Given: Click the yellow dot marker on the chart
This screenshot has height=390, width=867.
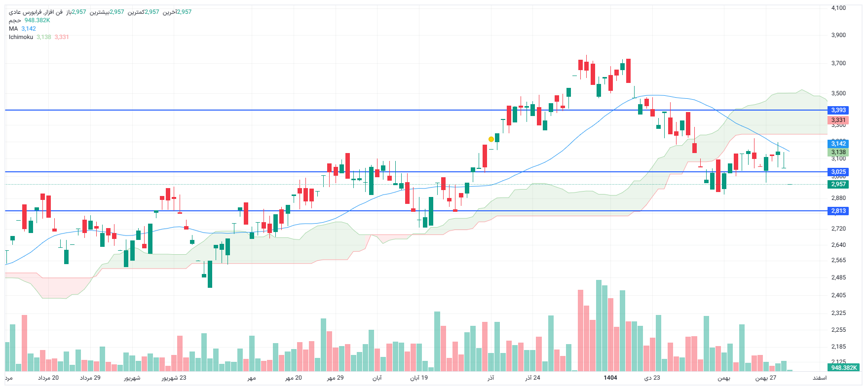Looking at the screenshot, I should [491, 139].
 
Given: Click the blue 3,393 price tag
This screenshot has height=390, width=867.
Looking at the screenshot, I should [838, 110].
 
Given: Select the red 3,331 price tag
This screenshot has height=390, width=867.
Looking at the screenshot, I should [838, 120].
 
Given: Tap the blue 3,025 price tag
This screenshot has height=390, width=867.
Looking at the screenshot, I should [838, 172].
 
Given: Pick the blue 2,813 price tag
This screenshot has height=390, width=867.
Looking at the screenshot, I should [838, 211].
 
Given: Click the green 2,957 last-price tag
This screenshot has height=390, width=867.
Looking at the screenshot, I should [838, 184].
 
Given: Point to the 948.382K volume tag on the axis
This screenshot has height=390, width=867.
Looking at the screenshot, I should [844, 368].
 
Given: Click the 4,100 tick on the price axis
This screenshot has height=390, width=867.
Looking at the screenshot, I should [838, 8].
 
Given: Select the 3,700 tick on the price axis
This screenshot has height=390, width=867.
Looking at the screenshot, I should [838, 63].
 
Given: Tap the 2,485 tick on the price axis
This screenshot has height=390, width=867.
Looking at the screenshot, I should [838, 277].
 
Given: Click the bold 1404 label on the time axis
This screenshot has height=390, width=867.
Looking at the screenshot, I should [610, 378].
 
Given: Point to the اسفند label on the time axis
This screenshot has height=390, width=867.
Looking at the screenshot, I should [820, 378].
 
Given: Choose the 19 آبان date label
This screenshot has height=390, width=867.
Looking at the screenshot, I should [419, 378].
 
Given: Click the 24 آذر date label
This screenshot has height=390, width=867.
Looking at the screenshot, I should [532, 378].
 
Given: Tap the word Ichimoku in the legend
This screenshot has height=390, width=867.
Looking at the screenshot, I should [21, 37].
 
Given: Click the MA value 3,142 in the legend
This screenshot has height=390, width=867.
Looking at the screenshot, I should [29, 29].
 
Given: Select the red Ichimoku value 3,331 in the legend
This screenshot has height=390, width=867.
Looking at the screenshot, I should [62, 37].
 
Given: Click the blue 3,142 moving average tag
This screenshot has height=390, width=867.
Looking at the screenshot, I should [838, 144].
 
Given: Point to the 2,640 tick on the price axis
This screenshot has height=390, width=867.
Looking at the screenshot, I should [838, 245].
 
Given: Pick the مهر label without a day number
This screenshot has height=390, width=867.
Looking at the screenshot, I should [252, 378].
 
